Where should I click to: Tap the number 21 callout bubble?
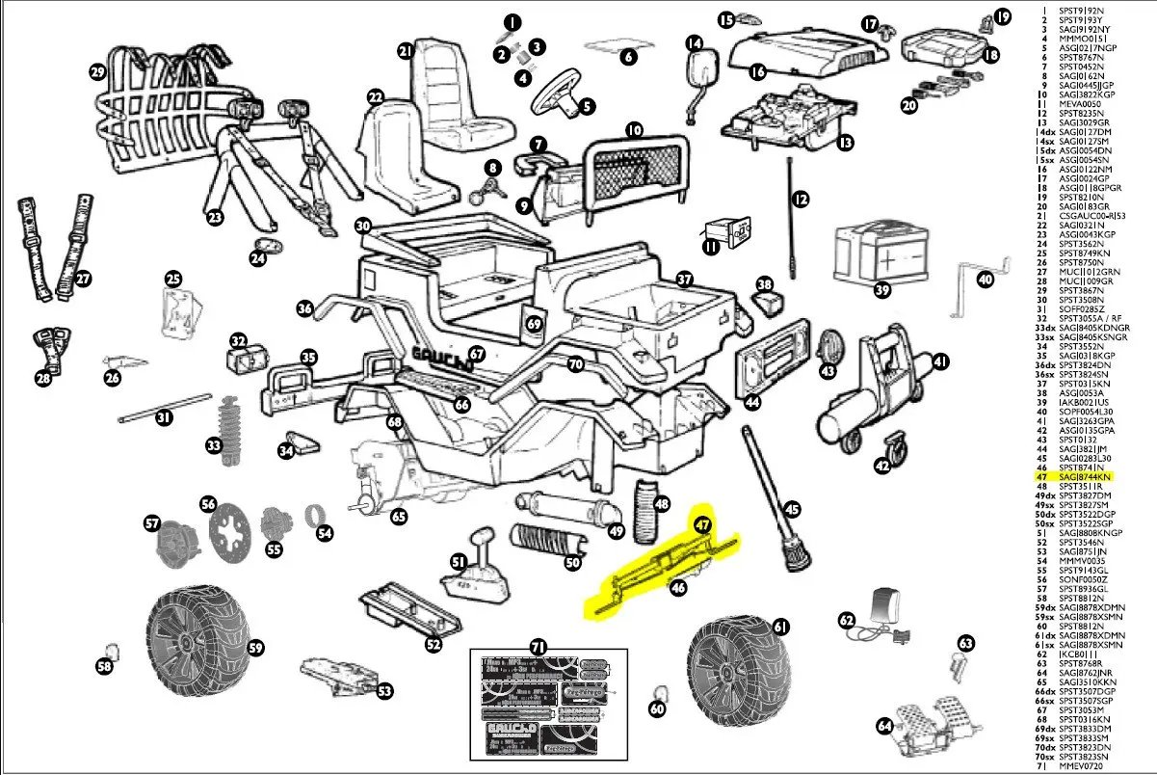[406, 50]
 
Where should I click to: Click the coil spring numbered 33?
[230, 425]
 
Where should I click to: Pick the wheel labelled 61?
[737, 671]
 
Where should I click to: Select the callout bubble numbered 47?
[703, 525]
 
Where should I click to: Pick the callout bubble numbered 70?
[576, 364]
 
